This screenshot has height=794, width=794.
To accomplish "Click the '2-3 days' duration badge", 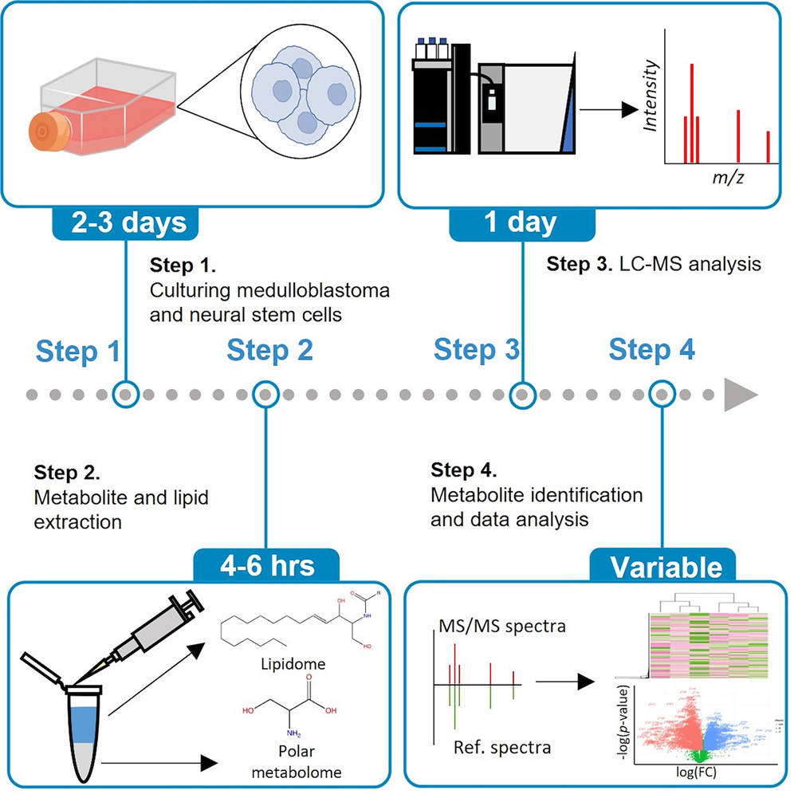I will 126,222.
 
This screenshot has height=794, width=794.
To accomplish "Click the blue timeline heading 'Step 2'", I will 270,350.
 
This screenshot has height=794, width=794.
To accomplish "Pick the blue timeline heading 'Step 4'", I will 651,350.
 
